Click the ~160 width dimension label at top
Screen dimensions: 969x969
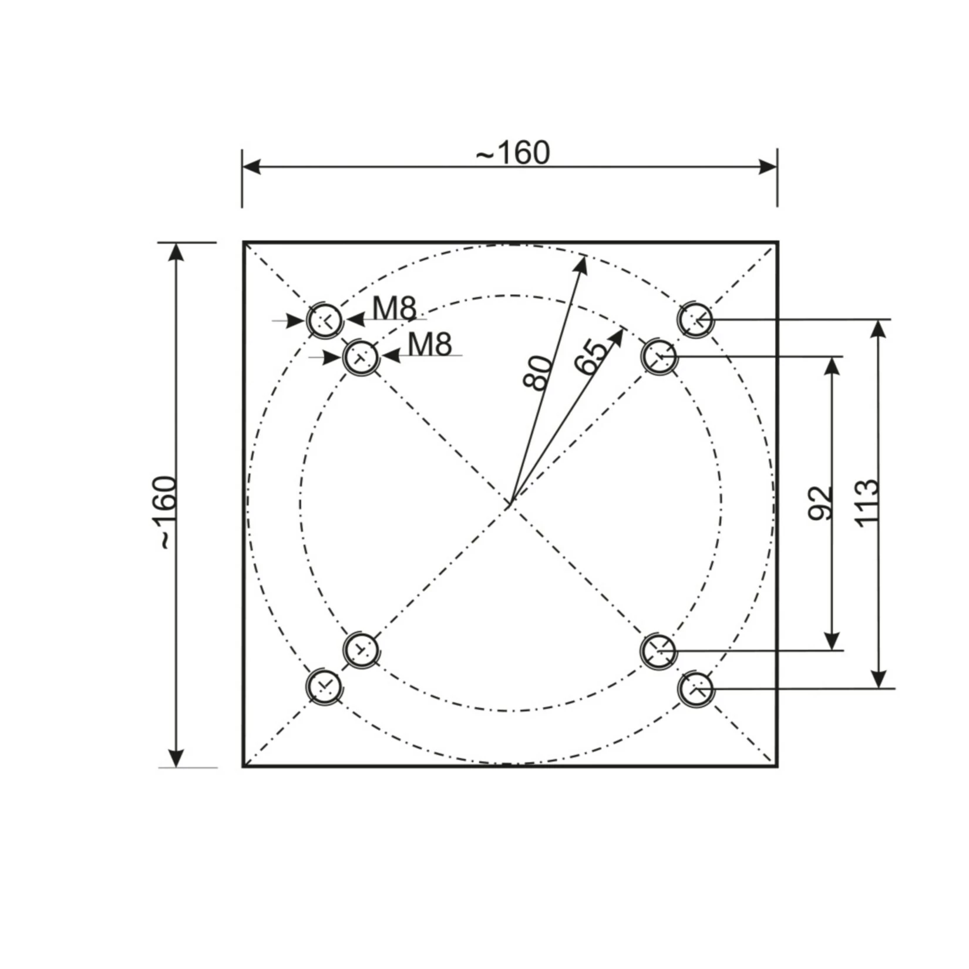point(513,153)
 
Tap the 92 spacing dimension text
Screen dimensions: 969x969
point(820,503)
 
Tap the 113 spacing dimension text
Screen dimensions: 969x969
point(866,503)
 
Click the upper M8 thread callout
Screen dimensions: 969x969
point(395,308)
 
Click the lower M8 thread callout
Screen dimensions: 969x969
point(430,344)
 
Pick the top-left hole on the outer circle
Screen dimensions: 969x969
point(324,320)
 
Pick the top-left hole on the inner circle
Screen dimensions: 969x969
point(361,356)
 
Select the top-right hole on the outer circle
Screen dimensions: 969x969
point(696,319)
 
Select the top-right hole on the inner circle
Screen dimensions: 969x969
point(659,356)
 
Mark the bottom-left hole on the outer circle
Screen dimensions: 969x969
point(324,686)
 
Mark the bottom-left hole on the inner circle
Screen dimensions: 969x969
point(361,650)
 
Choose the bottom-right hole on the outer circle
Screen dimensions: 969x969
point(696,689)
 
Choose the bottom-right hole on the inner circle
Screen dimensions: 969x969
point(659,651)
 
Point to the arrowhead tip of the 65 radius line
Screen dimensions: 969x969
point(623,329)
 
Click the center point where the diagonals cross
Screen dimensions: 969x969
point(510,504)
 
